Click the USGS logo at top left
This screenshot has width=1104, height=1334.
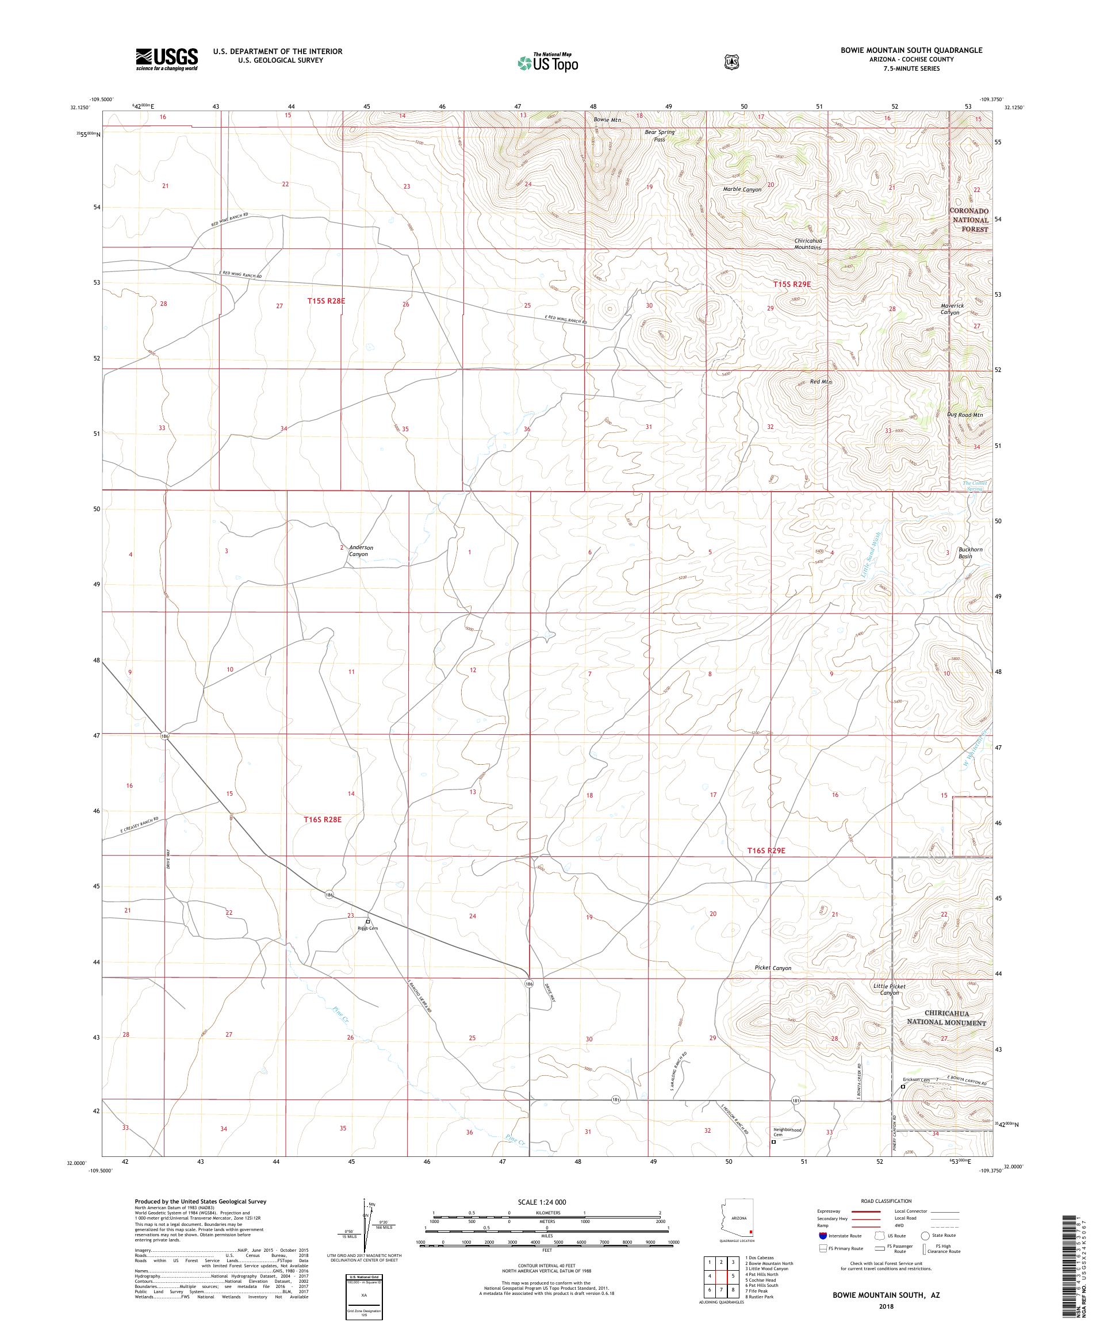pos(166,60)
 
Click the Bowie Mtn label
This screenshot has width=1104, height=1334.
pos(608,120)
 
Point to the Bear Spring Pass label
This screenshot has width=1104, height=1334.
pos(660,135)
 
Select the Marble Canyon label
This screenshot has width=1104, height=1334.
pos(741,189)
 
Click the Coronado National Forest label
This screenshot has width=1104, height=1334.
pos(969,220)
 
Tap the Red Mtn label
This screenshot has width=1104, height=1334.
pos(821,382)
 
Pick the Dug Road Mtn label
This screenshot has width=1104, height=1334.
pos(965,415)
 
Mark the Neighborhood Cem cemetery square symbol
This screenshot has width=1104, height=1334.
pos(773,1141)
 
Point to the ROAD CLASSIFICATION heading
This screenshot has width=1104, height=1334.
pos(885,1201)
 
